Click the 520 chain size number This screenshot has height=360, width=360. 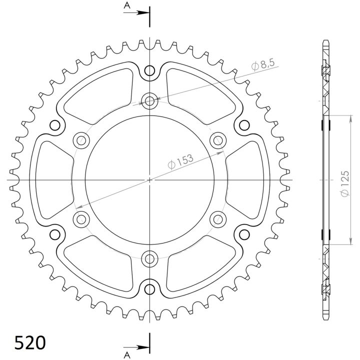30,343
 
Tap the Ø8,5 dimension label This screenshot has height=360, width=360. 263,64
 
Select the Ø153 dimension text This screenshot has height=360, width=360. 181,161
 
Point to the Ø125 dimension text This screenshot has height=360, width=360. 345,183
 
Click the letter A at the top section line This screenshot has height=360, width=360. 127,5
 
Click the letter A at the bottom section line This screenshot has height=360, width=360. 127,355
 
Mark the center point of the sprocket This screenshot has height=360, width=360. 149,180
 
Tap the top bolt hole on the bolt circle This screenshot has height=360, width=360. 149,100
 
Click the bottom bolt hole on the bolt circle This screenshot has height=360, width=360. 149,259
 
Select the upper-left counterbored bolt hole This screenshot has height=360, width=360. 81,140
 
